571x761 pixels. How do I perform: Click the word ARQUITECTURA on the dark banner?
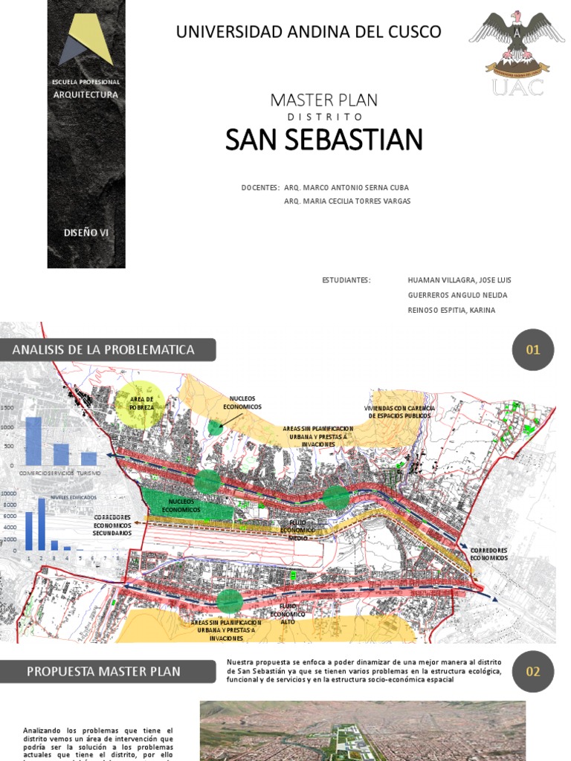click(x=86, y=94)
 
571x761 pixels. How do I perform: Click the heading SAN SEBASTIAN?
click(x=323, y=140)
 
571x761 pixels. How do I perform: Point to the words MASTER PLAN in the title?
click(x=323, y=100)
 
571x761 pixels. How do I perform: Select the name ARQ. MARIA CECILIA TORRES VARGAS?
click(x=346, y=201)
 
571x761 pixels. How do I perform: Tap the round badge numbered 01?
click(x=533, y=350)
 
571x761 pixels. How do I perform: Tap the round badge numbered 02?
click(x=533, y=672)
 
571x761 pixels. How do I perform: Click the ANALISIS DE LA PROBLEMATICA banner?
click(x=108, y=350)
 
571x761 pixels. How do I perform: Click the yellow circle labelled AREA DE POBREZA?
click(x=141, y=405)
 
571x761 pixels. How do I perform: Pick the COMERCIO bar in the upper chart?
click(x=33, y=441)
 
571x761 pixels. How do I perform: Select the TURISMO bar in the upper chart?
click(x=88, y=459)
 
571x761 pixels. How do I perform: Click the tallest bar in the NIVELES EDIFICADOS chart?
click(x=42, y=523)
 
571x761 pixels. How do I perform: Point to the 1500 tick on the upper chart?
click(x=7, y=408)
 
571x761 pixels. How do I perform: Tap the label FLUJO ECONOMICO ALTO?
click(x=288, y=615)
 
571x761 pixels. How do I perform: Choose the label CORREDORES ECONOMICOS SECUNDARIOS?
click(x=112, y=525)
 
